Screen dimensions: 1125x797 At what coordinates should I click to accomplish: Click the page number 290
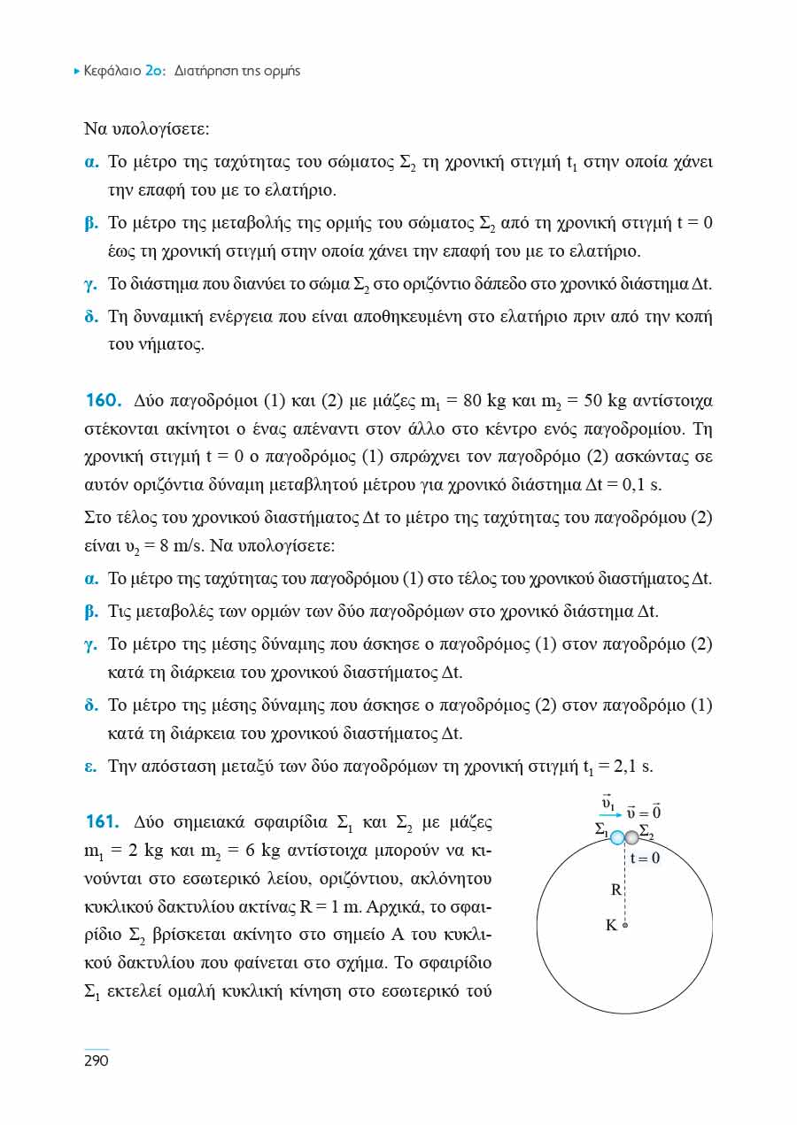pos(96,1060)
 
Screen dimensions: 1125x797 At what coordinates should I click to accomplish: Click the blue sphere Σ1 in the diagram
pos(617,837)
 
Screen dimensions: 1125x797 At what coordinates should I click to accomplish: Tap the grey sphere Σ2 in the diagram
pos(631,837)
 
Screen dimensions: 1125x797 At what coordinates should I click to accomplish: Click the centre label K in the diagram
pos(611,926)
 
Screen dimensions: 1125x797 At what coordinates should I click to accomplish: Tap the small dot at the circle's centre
pos(625,926)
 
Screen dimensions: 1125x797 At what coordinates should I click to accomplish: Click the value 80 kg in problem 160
pos(484,401)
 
